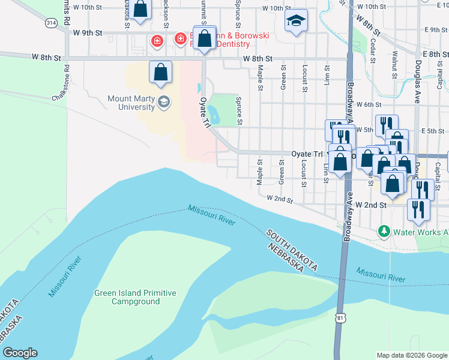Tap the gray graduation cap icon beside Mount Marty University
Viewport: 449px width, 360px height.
pyautogui.click(x=163, y=103)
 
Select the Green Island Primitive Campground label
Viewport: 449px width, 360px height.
pyautogui.click(x=135, y=297)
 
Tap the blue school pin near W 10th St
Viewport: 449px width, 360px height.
pyautogui.click(x=295, y=22)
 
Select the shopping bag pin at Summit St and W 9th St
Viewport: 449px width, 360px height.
pyautogui.click(x=204, y=39)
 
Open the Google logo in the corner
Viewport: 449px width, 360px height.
pyautogui.click(x=20, y=353)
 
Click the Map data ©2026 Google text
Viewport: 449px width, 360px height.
pyautogui.click(x=411, y=355)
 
